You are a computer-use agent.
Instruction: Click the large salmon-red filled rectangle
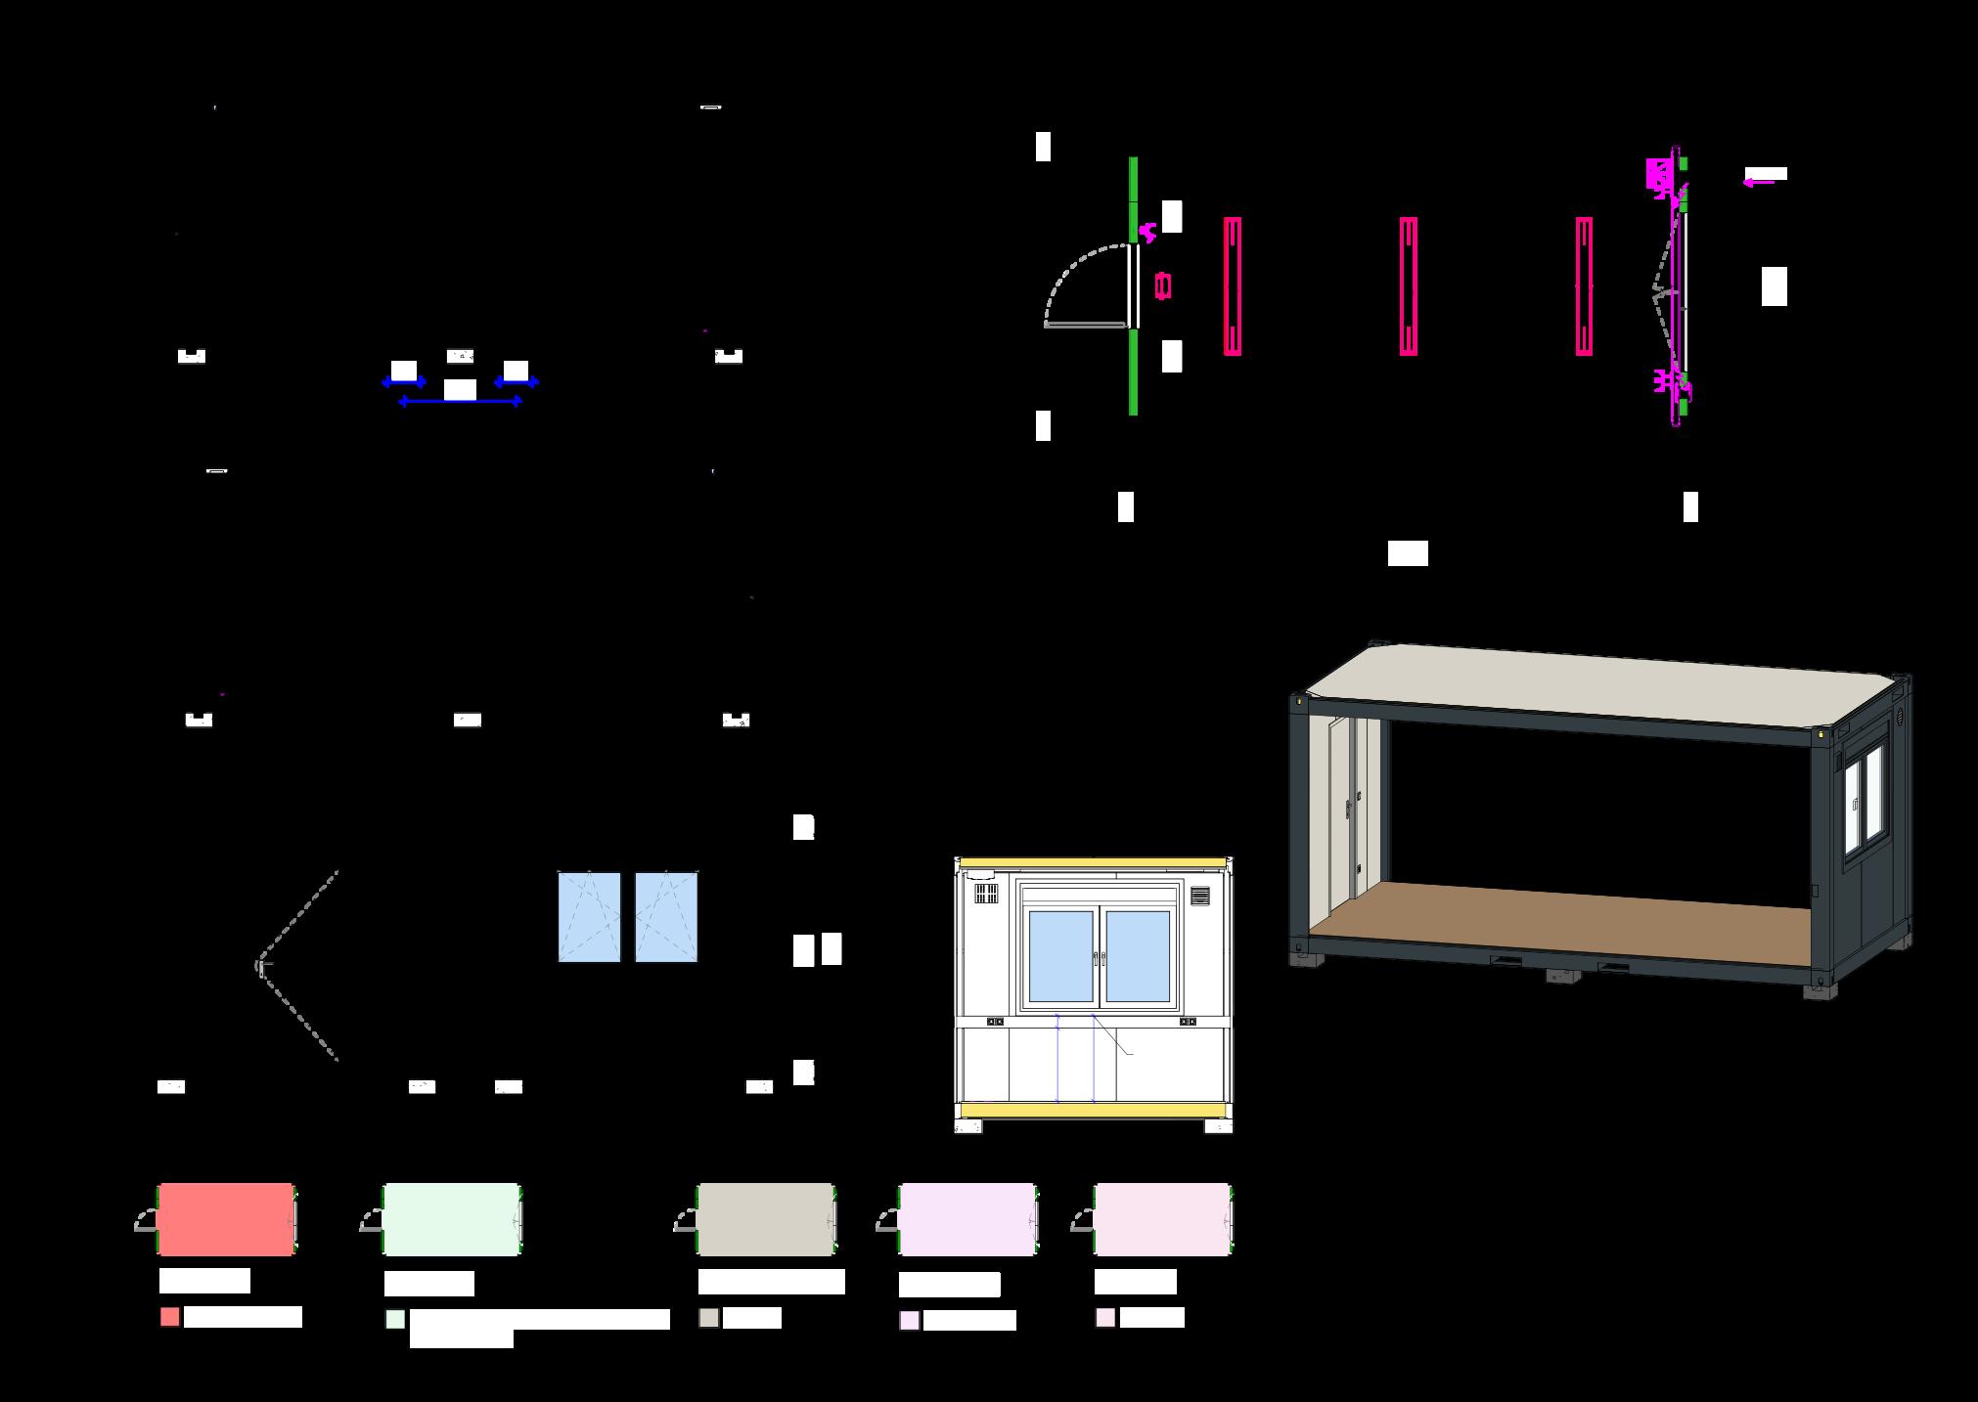(225, 1219)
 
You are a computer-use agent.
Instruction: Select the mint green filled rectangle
(451, 1219)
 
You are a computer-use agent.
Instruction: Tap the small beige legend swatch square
(709, 1318)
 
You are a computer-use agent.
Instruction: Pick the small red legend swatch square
(170, 1317)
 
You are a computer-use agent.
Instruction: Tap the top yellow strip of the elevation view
(1093, 862)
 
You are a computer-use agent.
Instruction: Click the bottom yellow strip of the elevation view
(1093, 1110)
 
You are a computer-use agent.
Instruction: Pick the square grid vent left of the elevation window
(985, 894)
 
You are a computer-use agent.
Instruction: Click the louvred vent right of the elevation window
(1200, 896)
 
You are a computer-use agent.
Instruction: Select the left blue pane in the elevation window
(1060, 956)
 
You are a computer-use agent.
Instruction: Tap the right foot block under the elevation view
(1219, 1126)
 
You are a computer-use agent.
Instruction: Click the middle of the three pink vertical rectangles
(1409, 285)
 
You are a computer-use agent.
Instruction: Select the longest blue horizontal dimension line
(460, 402)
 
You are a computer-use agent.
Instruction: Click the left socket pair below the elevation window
(995, 1022)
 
